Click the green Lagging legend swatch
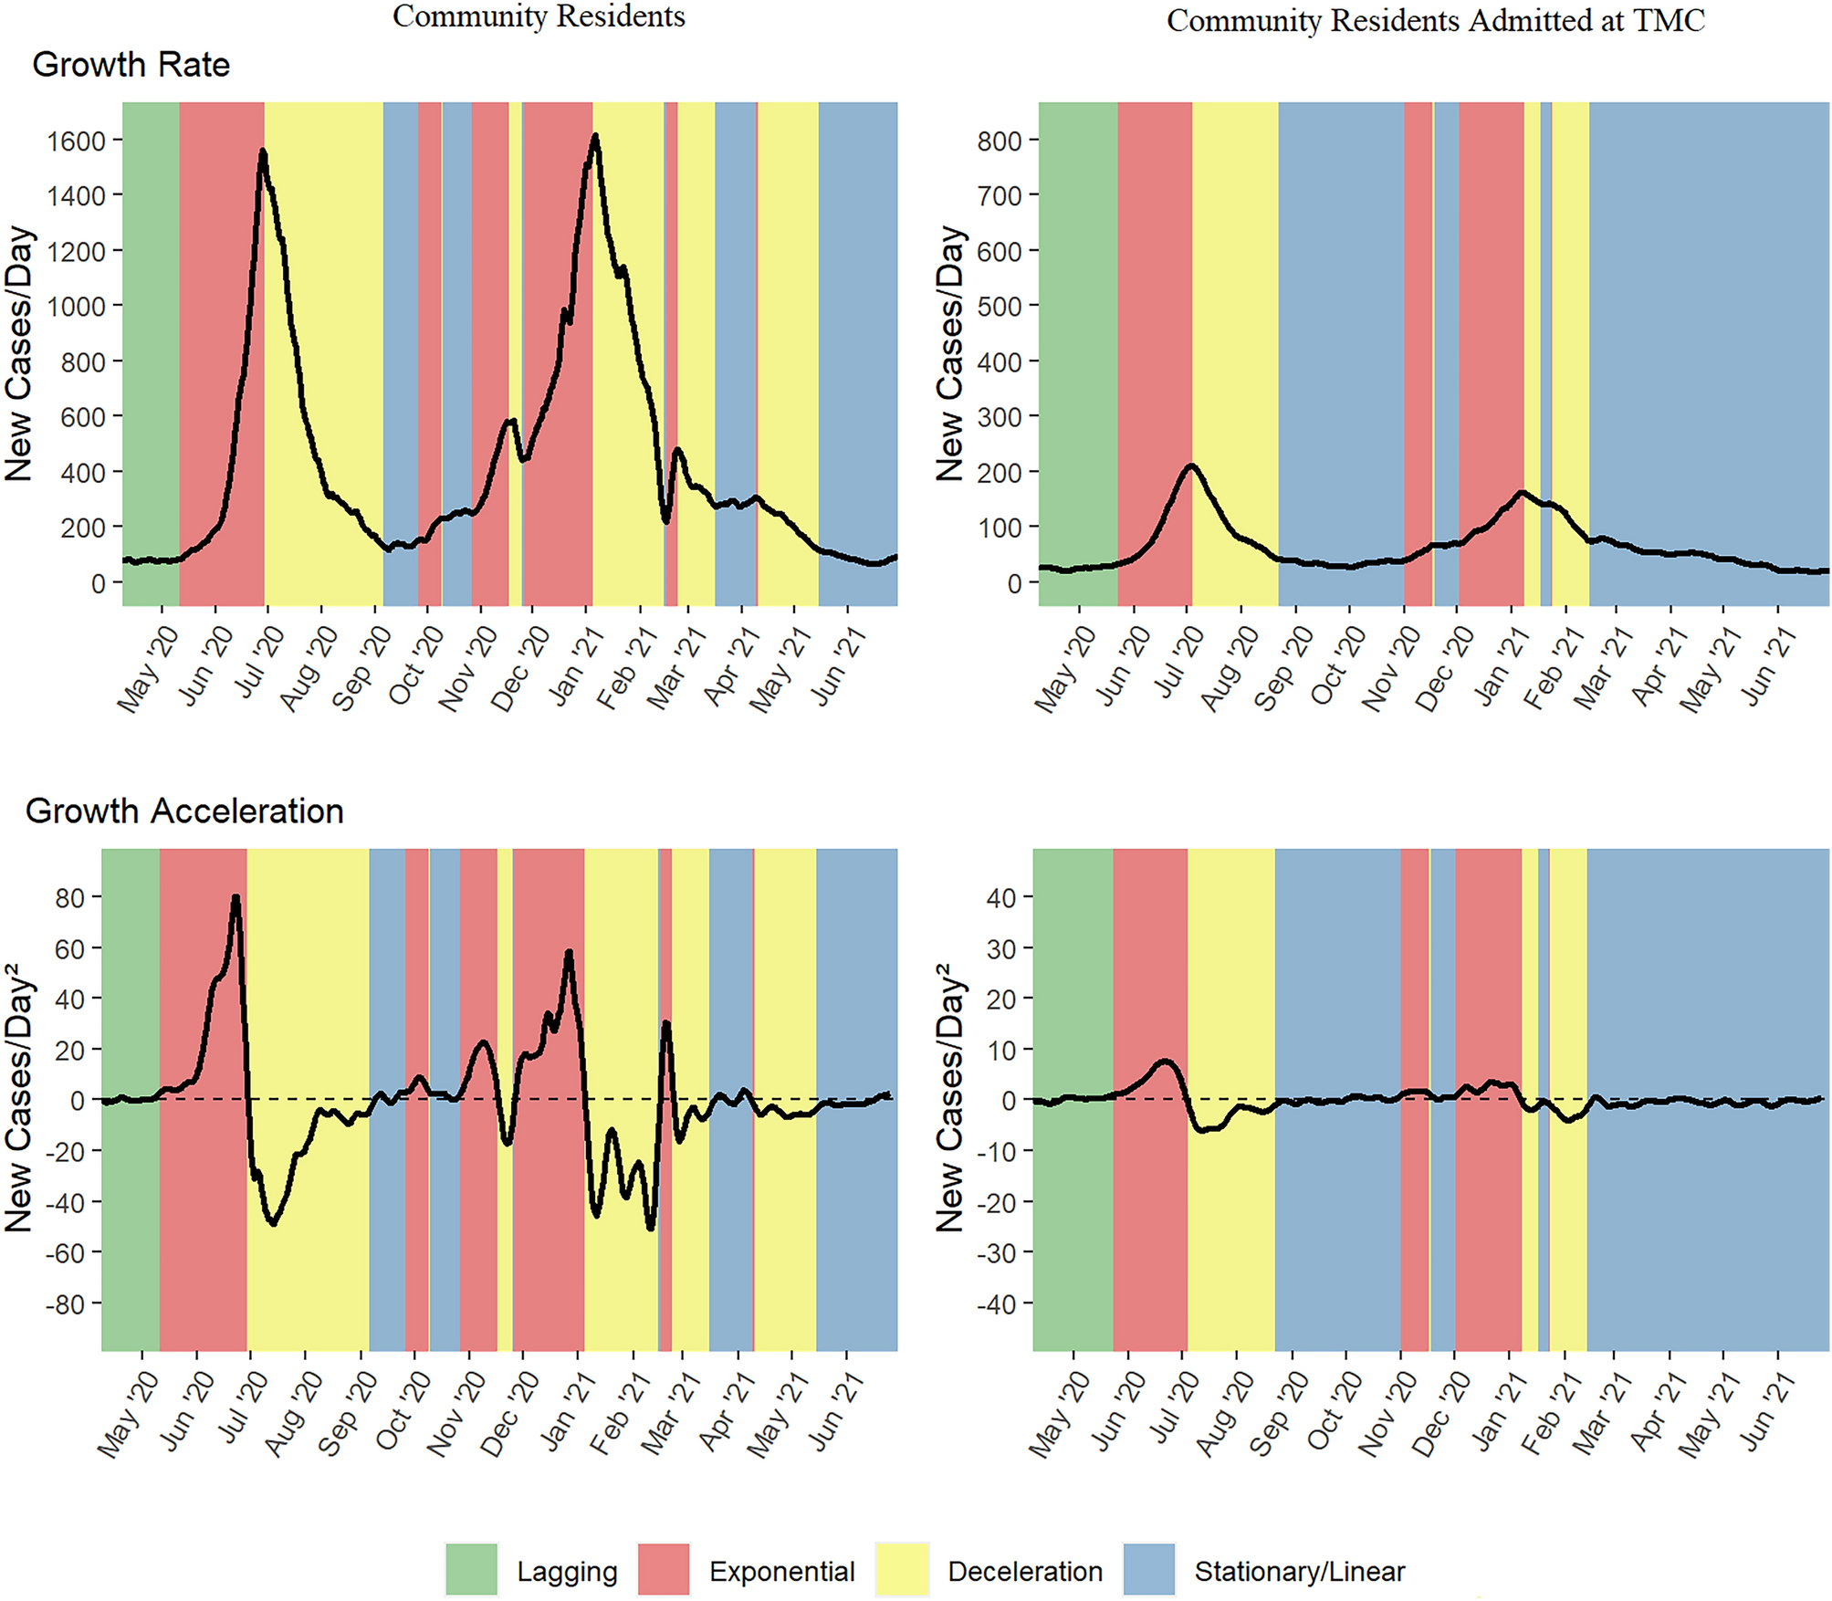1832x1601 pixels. (x=471, y=1569)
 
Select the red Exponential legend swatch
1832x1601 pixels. (x=664, y=1569)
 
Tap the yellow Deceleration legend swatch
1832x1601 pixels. (x=901, y=1569)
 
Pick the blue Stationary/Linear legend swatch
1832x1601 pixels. (x=1148, y=1569)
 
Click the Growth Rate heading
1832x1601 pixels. (x=131, y=65)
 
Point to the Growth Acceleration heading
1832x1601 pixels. (x=183, y=811)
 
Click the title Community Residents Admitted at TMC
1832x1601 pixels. (x=1435, y=20)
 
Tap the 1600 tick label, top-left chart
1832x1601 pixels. (x=76, y=141)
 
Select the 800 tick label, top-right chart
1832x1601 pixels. (x=999, y=141)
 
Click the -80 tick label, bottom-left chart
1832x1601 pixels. (x=65, y=1304)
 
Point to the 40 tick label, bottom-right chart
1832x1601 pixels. (x=1000, y=898)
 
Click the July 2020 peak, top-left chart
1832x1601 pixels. (x=263, y=152)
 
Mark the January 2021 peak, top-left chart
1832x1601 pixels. (x=595, y=137)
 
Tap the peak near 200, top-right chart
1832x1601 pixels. (x=1190, y=466)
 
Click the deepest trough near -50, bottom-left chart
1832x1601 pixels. (x=650, y=1229)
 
